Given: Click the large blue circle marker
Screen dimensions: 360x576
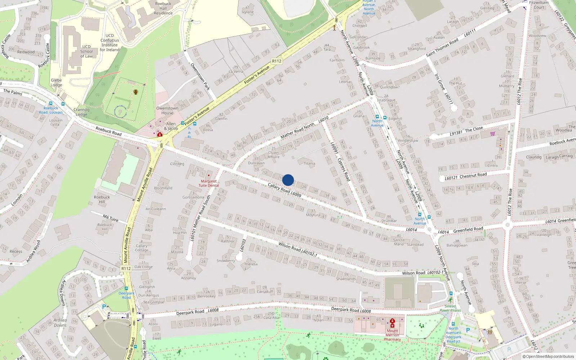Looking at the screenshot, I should point(288,180).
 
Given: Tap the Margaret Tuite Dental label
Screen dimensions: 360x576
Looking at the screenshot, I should point(208,183).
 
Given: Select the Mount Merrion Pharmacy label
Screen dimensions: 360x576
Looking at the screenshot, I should point(392,335).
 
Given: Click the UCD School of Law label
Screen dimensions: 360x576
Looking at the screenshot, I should point(86,51).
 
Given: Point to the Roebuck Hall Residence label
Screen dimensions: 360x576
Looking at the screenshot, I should point(163,8).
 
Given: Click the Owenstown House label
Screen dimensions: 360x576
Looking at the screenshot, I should point(167,110).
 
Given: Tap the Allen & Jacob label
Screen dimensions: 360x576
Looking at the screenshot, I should point(171,126).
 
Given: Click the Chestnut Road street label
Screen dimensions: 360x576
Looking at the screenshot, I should point(473,175).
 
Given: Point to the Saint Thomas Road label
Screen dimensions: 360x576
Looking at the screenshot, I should point(442,48).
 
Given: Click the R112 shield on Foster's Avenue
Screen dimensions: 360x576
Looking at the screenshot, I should point(276,61).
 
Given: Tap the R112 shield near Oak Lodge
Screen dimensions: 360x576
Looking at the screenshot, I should point(126,269).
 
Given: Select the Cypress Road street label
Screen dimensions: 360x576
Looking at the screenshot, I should point(343,169).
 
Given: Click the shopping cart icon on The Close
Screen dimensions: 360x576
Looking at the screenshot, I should point(492,134).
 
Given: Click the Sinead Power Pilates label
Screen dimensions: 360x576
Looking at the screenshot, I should point(450,308).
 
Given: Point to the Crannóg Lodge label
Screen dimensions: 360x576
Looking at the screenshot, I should point(81,112).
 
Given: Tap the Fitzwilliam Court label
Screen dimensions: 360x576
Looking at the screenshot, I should point(539,5).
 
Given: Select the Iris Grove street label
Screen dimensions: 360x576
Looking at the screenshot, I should point(440,82).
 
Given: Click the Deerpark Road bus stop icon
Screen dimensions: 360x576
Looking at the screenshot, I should point(126,288).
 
